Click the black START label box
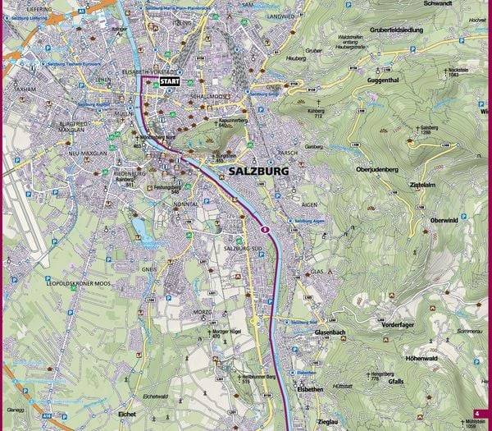click(x=170, y=82)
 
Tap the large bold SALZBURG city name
click(x=253, y=172)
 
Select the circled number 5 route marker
click(x=265, y=229)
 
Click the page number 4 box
click(x=476, y=413)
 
